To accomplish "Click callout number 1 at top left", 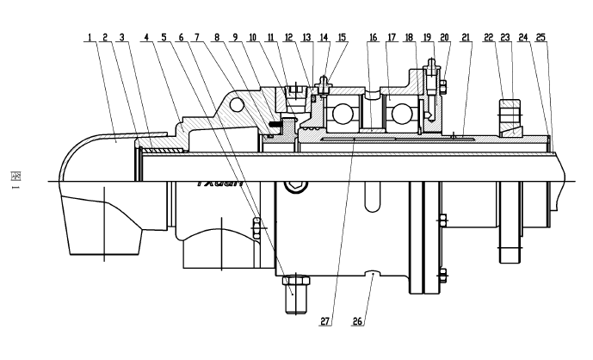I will [89, 38].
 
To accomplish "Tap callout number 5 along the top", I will [164, 38].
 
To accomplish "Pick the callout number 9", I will [236, 38].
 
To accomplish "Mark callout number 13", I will [306, 38].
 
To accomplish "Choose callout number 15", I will [341, 38].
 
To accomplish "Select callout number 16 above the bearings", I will [372, 38].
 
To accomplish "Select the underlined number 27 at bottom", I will [325, 321].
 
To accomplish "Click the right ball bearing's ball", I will [400, 114].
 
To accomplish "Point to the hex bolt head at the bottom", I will [294, 288].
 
